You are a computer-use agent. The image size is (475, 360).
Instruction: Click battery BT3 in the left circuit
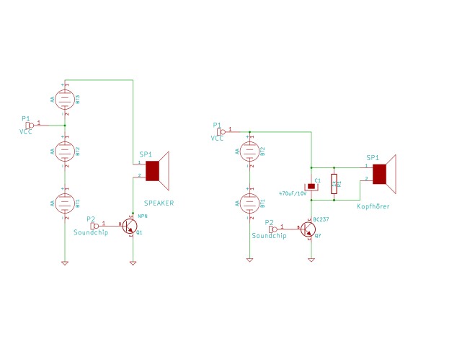[x=64, y=97]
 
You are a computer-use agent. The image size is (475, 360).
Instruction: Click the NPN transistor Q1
[x=130, y=226]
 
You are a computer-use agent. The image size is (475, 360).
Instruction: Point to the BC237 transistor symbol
[x=308, y=229]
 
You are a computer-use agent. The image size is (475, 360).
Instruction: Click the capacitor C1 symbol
[x=311, y=185]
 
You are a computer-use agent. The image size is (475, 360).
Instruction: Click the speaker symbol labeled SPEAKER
[x=156, y=170]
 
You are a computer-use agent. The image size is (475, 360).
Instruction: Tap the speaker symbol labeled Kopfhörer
[x=383, y=174]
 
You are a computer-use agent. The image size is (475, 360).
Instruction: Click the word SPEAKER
[x=159, y=203]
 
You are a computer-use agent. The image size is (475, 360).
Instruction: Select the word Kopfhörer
[x=374, y=206]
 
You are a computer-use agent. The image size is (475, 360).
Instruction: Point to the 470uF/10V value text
[x=293, y=193]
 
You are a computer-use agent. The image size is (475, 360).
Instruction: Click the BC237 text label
[x=321, y=217]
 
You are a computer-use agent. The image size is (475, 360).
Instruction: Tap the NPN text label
[x=142, y=214]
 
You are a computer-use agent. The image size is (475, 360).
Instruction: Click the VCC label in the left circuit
[x=25, y=132]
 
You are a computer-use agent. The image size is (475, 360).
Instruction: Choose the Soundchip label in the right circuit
[x=269, y=236]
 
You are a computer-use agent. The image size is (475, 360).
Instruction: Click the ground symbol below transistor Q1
[x=132, y=262]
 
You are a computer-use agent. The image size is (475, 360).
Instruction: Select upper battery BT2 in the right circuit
[x=249, y=152]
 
